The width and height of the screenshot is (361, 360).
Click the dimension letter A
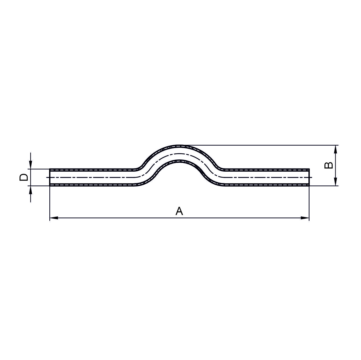(179, 211)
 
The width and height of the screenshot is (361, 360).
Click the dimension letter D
(24, 177)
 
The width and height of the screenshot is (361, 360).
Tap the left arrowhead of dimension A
(54, 218)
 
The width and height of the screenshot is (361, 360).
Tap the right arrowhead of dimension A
(305, 218)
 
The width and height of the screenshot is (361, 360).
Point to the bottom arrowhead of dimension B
(336, 181)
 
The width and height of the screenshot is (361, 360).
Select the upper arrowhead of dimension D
(31, 165)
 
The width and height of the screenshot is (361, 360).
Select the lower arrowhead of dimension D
(31, 190)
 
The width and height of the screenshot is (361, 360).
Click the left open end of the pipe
(50, 177)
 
